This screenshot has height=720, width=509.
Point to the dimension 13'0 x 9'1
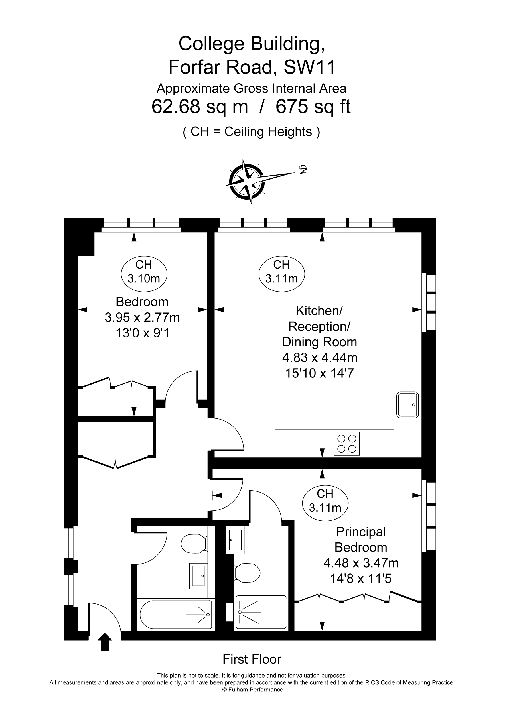pos(143,333)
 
